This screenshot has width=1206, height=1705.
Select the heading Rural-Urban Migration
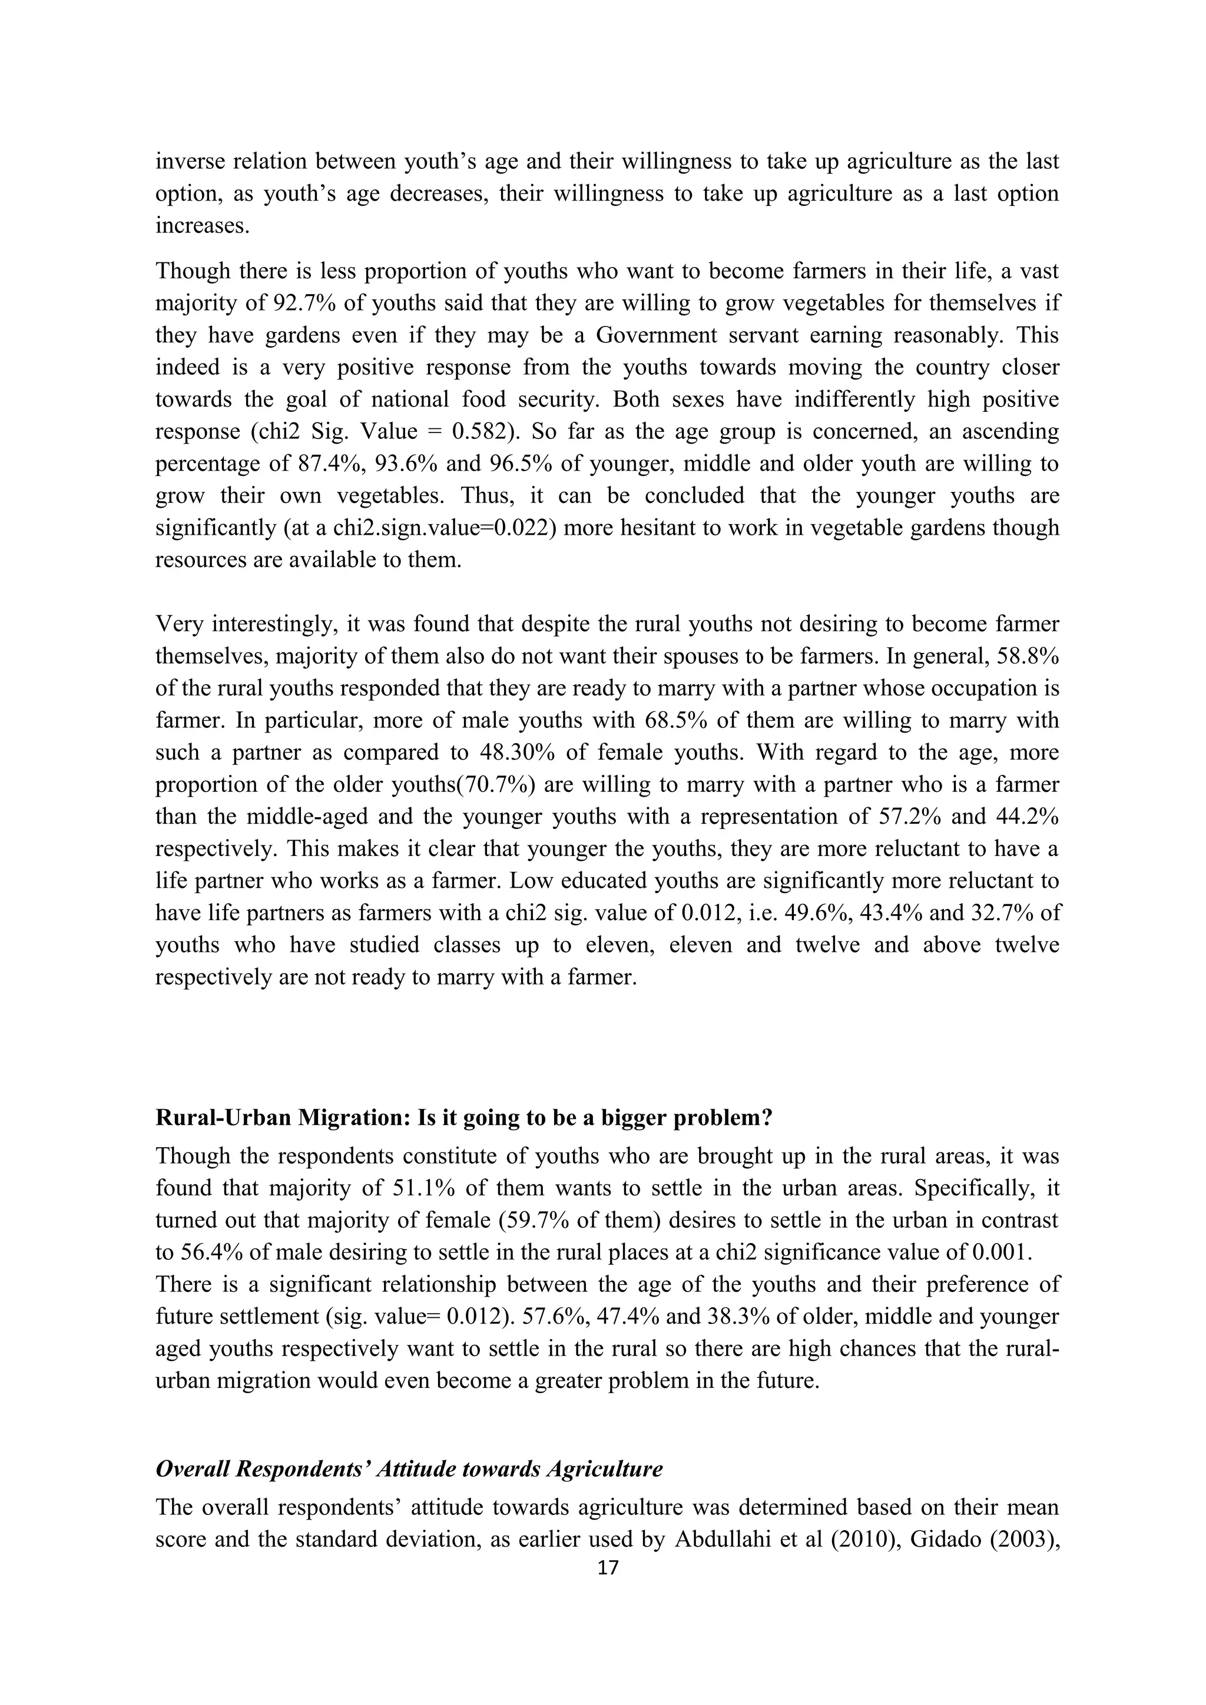[463, 1118]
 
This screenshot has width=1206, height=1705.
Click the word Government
[656, 335]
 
